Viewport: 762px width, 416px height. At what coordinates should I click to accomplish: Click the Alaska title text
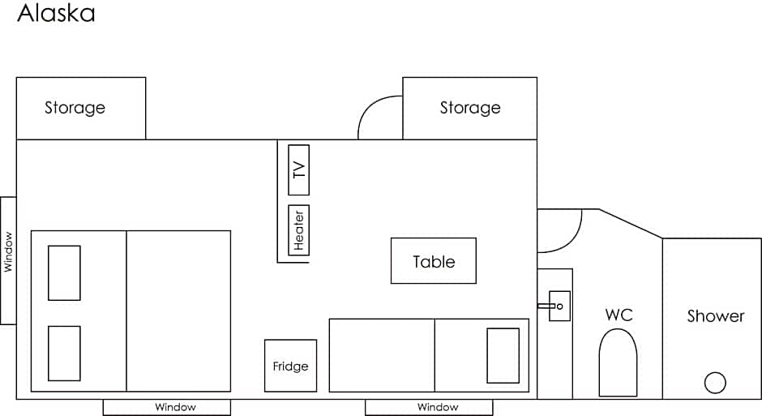57,13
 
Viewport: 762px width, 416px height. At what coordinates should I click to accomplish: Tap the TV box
298,170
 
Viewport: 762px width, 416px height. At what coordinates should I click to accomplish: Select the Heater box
298,229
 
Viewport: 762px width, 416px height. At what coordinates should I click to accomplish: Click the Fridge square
290,366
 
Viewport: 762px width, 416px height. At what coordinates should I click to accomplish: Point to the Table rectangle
434,260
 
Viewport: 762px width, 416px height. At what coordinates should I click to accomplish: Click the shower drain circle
715,383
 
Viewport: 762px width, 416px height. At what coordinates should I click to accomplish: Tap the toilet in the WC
618,362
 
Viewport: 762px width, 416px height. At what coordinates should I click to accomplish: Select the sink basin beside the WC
559,306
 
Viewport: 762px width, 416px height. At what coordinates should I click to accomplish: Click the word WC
619,315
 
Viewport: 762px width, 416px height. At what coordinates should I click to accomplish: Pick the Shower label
716,316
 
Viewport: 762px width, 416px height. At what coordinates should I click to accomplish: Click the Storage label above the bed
75,107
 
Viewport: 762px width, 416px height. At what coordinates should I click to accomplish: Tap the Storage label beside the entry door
470,107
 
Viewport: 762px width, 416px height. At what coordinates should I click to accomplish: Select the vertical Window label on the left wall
8,251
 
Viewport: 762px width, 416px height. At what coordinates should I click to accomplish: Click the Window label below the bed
175,407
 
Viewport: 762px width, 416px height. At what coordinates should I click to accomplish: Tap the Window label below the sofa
438,407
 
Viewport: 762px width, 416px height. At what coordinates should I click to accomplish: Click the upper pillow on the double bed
64,272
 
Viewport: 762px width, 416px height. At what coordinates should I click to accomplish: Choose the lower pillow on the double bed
64,354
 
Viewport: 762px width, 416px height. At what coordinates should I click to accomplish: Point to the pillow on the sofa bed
503,356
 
